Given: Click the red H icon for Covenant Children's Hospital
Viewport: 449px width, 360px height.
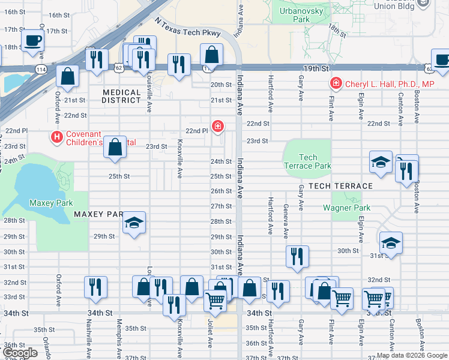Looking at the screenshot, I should point(57,137).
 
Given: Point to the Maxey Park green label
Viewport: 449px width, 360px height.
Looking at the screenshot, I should point(51,203).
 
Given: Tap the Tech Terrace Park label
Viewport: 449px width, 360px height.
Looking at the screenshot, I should point(307,161).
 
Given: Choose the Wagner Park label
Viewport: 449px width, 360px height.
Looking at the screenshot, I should point(346,208).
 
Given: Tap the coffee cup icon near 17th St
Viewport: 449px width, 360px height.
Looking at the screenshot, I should point(32,41).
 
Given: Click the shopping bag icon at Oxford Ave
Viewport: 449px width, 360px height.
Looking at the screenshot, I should point(68,76).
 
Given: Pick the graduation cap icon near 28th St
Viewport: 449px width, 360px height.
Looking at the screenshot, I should point(134,224).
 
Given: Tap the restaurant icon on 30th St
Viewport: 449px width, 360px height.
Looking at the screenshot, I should point(297,256).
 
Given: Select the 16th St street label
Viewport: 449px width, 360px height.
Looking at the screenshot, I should point(59,14).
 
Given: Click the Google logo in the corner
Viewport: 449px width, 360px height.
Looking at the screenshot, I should point(20,353).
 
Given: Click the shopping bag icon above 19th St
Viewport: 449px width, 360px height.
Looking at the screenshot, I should point(212,55).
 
